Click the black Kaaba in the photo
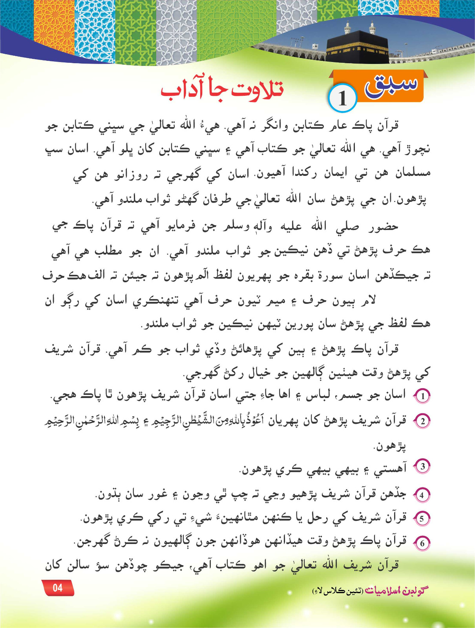tap(357, 47)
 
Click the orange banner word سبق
tap(391, 85)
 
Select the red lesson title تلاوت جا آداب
tap(222, 91)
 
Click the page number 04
tap(58, 588)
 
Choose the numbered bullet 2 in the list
tap(423, 422)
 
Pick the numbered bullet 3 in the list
tap(423, 466)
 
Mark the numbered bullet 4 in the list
tap(422, 495)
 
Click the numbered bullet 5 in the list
tap(422, 519)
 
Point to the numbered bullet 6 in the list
tap(422, 543)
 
